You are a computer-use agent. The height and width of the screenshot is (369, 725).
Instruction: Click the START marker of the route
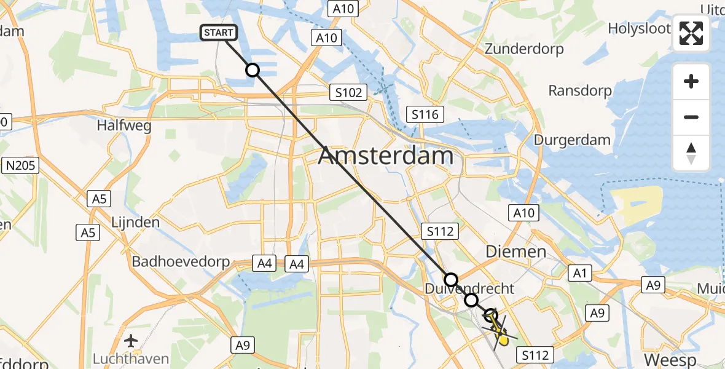click(218, 33)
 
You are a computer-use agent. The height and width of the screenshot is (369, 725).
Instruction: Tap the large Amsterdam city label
click(386, 156)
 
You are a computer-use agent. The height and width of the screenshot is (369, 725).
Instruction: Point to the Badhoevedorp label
click(181, 262)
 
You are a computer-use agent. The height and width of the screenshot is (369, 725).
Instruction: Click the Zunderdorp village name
click(524, 49)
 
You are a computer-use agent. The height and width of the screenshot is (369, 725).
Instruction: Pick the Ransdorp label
click(580, 91)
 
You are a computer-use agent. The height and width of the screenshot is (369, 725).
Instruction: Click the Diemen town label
click(516, 251)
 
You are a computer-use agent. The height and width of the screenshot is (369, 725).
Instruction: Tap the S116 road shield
click(425, 114)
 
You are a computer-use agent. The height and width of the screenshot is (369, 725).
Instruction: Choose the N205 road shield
click(22, 165)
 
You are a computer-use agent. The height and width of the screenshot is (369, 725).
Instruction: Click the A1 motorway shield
click(579, 273)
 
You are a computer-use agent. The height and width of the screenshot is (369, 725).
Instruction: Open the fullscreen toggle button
click(691, 34)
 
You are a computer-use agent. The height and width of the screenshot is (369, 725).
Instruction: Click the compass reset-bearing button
click(691, 153)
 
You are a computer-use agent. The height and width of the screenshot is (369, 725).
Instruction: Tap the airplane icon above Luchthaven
click(131, 340)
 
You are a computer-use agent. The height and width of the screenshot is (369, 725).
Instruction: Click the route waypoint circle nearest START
click(253, 70)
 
